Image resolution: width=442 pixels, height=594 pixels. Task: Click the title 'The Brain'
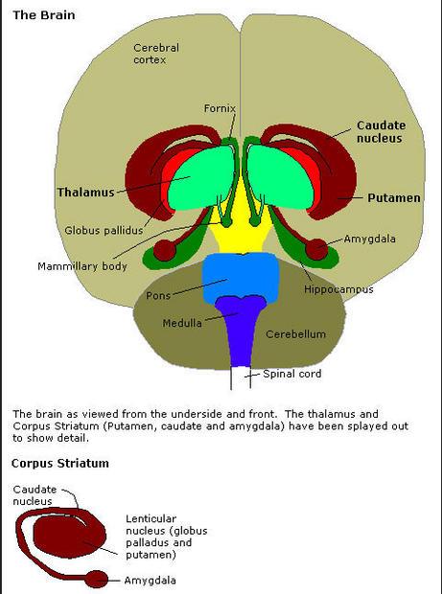tap(44, 15)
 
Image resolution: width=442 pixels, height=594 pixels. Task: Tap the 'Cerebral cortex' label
tap(156, 54)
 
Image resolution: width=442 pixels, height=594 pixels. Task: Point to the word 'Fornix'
tap(220, 108)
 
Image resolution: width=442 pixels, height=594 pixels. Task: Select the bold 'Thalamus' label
tap(85, 192)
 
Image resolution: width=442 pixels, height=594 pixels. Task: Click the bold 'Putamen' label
tap(394, 197)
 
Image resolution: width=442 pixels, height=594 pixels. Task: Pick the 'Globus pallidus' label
tap(104, 230)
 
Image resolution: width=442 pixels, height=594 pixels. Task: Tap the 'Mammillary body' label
tap(82, 266)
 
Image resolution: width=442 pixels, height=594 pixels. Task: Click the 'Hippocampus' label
tap(338, 289)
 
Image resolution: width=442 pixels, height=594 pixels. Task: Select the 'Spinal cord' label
tap(291, 374)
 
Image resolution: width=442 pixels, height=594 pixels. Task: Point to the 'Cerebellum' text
tap(295, 334)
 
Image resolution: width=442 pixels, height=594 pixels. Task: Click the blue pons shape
tap(241, 277)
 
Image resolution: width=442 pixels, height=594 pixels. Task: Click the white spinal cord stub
tap(241, 377)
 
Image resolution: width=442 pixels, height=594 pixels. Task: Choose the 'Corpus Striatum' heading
tap(60, 464)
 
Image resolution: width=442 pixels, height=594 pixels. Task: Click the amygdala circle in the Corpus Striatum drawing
tap(97, 580)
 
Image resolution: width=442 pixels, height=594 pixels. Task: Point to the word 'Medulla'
tap(182, 323)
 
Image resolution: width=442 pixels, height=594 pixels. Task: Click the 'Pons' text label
tap(158, 295)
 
